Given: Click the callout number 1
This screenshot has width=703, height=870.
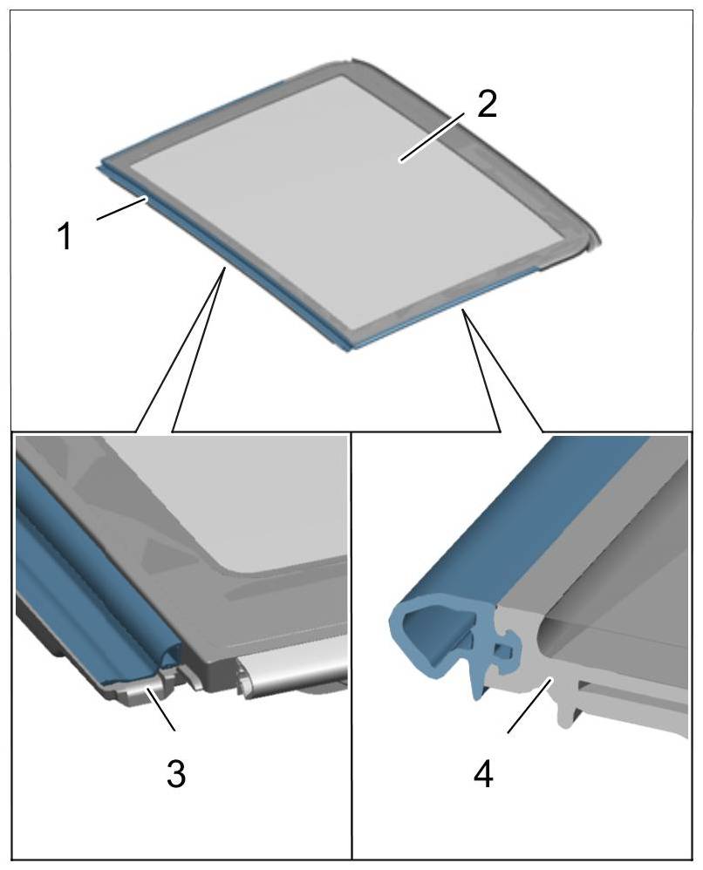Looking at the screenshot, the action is [65, 236].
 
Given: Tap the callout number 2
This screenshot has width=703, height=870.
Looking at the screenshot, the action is [487, 104].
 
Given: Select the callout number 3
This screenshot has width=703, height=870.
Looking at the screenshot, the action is [176, 773].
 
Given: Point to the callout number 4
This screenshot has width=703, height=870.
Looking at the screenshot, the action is [483, 773].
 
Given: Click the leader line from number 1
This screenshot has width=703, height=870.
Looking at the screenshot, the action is [121, 210].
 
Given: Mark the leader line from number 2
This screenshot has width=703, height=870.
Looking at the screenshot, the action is [433, 136].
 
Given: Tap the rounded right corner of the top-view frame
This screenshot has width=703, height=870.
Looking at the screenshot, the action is [582, 240].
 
